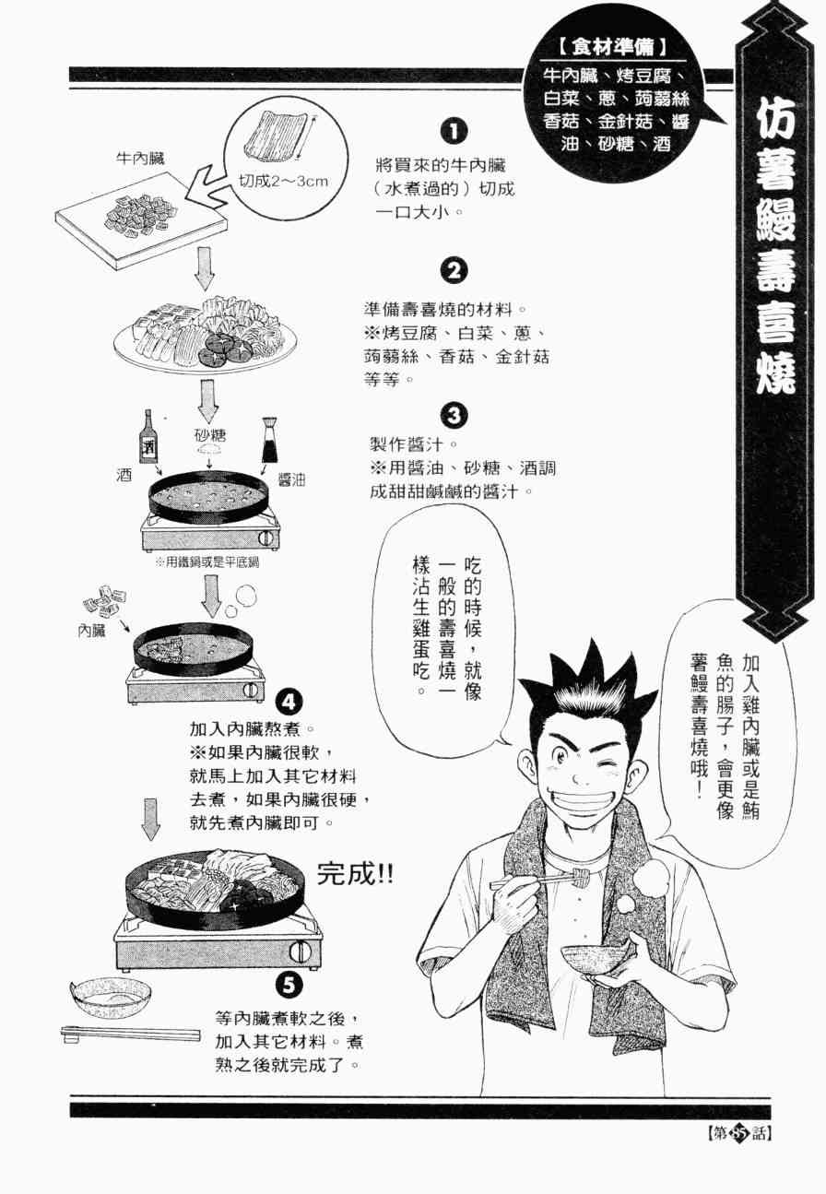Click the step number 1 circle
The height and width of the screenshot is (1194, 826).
pyautogui.click(x=454, y=131)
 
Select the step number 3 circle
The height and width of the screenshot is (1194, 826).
pyautogui.click(x=454, y=416)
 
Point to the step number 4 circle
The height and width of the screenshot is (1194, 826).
pyautogui.click(x=289, y=703)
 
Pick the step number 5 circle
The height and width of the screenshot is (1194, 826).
pyautogui.click(x=289, y=984)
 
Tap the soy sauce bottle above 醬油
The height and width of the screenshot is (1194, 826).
pyautogui.click(x=269, y=440)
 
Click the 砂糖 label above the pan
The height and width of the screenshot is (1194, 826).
pyautogui.click(x=210, y=436)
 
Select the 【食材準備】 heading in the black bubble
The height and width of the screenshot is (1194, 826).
pyautogui.click(x=613, y=49)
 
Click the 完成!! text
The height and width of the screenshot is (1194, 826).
pyautogui.click(x=355, y=875)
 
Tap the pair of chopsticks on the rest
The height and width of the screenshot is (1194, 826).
pyautogui.click(x=130, y=1034)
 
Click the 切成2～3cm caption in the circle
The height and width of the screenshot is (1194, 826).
pyautogui.click(x=283, y=182)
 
